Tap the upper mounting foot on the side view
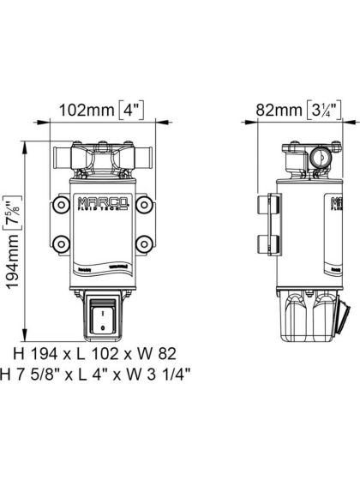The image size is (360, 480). [x=263, y=207]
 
